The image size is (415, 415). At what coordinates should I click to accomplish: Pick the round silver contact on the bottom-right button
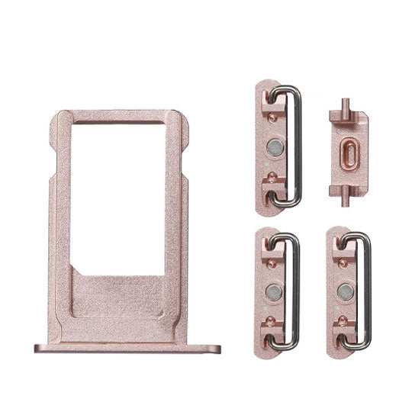(344, 290)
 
